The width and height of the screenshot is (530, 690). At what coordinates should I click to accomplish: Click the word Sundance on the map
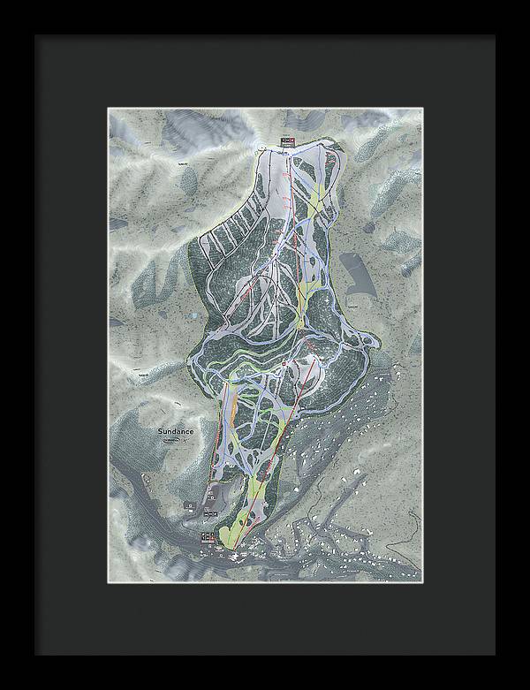(177, 431)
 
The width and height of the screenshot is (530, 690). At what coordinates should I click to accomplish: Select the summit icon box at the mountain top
(285, 141)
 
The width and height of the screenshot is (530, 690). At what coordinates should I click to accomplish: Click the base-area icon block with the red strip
(209, 536)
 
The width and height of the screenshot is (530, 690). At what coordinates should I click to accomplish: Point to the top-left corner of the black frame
(36, 36)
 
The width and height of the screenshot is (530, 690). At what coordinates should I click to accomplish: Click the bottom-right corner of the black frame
(494, 654)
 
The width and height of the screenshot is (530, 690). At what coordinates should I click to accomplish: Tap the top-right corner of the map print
(421, 110)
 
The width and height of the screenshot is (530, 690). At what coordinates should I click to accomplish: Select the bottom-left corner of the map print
(109, 581)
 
